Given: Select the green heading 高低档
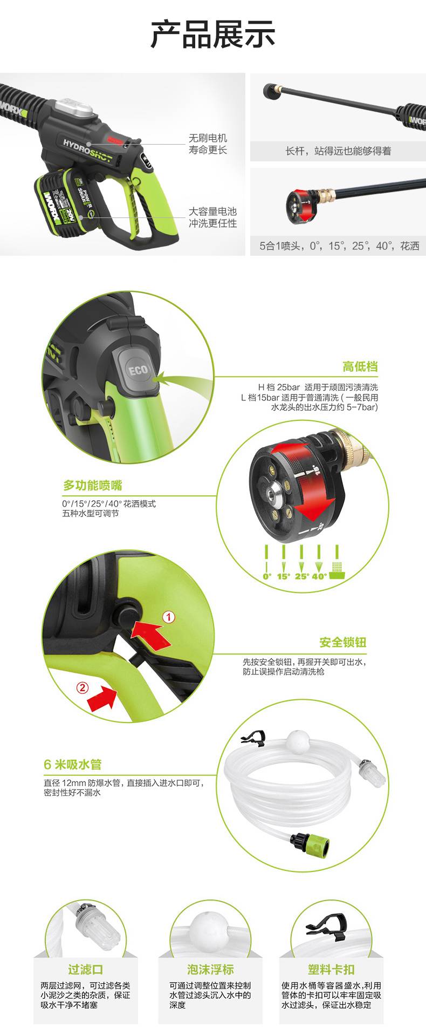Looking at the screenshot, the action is tap(360, 367).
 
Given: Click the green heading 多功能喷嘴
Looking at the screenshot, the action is tap(93, 485).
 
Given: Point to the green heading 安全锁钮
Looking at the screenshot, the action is tap(343, 642).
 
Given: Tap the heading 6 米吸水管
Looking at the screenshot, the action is tap(73, 765).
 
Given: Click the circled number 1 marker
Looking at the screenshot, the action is tap(169, 617).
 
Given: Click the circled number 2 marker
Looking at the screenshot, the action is tap(83, 687).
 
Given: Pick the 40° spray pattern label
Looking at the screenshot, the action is tap(319, 576).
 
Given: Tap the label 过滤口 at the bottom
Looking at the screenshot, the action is tap(86, 970).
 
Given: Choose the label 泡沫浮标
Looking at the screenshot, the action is tap(210, 970).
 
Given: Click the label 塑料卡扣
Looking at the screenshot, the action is tap(331, 970).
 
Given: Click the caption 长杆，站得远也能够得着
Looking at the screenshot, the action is tap(338, 151).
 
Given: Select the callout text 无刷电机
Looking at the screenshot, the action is tap(208, 138).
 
